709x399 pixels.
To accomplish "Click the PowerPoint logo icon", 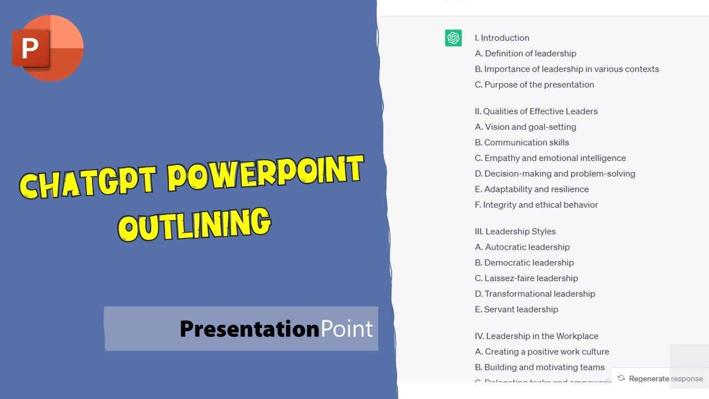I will point(48,48).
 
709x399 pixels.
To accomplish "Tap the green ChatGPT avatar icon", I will point(453,38).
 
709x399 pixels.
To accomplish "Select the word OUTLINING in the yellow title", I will point(194,224).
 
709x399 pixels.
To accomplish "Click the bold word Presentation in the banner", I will point(249,329).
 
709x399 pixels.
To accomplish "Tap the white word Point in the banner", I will point(347,329).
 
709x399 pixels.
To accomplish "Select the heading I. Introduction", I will point(502,38).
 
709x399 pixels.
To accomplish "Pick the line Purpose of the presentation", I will point(534,85).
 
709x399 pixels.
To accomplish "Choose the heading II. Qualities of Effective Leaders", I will point(536,111).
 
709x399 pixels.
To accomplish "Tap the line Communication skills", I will point(522,142).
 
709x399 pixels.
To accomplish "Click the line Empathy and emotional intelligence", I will point(550,158).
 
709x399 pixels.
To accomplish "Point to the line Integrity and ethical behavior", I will point(536,204).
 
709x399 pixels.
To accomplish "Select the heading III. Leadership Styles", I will point(515,232).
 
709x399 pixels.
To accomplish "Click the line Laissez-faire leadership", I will point(526,278).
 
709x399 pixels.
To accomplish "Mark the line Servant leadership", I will point(516,309).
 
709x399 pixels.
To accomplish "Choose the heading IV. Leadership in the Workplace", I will point(536,336).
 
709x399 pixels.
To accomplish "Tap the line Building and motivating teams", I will point(540,367).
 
